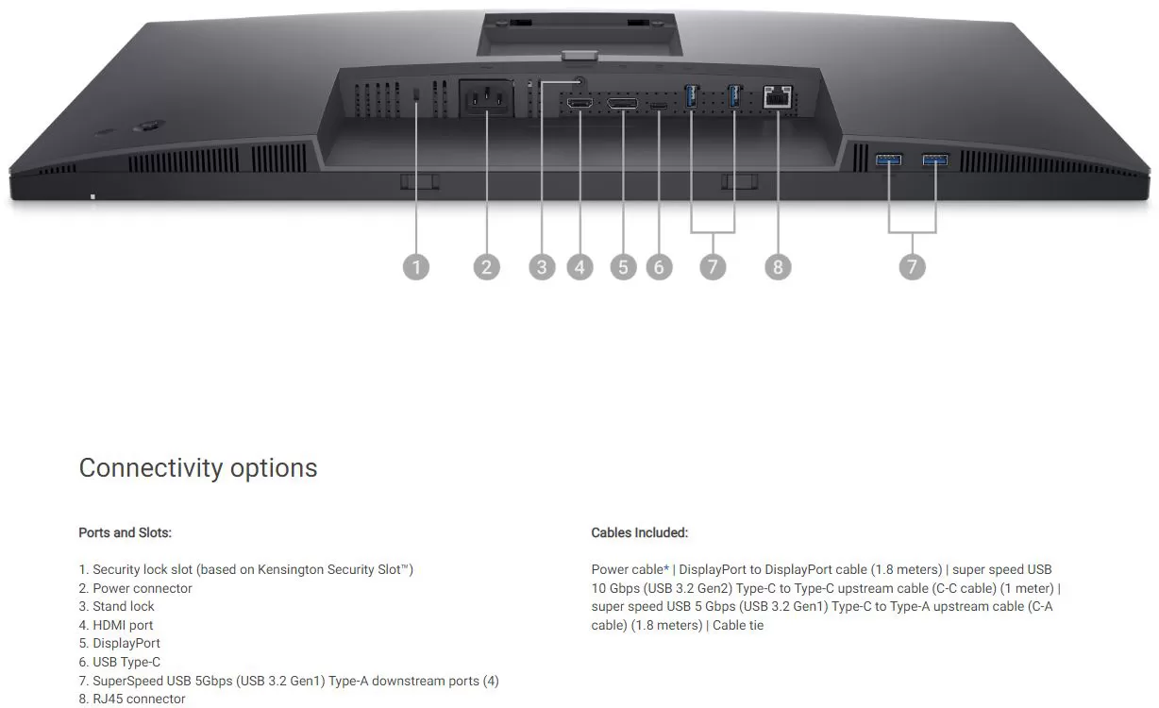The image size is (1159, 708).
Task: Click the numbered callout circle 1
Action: point(416,267)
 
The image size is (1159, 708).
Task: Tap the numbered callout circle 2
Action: point(486,267)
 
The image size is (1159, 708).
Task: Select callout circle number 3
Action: point(542,267)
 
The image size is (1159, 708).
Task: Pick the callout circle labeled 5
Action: point(623,267)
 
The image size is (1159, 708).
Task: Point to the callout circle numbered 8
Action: point(778,267)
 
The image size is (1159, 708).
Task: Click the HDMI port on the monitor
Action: point(580,103)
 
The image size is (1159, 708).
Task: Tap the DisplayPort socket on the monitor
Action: point(623,103)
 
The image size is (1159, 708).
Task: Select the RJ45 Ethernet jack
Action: point(778,97)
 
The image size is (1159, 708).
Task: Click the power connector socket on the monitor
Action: point(486,98)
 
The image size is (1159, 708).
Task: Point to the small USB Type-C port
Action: point(659,106)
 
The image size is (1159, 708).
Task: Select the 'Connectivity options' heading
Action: point(198,468)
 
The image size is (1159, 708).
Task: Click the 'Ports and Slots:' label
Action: point(125,532)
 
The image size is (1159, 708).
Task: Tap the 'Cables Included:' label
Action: point(640,532)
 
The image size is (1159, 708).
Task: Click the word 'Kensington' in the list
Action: point(291,570)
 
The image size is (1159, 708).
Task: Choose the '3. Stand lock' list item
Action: point(116,606)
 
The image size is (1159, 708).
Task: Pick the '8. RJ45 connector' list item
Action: point(132,699)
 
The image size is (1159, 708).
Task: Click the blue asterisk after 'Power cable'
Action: point(666,568)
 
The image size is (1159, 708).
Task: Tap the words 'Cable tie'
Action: point(738,625)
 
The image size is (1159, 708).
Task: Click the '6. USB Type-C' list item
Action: point(120,662)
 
